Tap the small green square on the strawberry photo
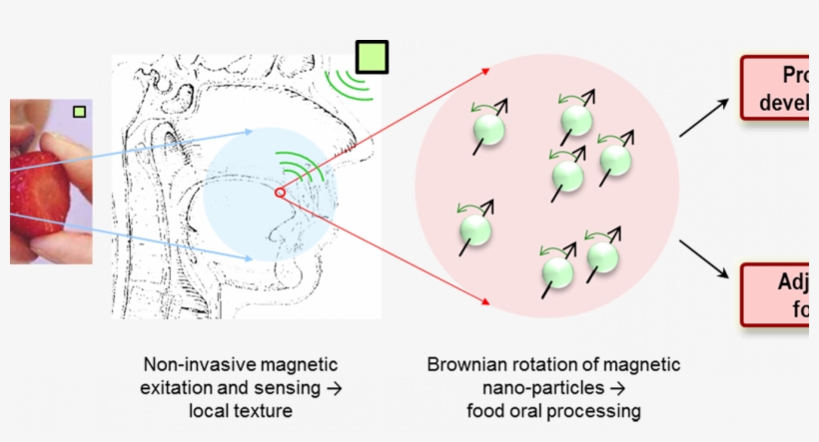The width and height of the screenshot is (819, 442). (79, 112)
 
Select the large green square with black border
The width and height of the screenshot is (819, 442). (371, 58)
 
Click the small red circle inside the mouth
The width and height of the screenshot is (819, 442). (281, 193)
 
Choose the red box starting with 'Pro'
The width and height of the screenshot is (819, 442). (778, 89)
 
